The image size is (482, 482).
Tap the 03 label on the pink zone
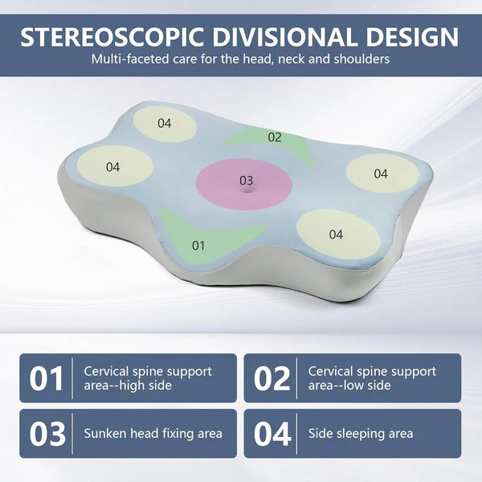[246, 181]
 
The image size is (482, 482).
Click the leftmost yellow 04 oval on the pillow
[113, 166]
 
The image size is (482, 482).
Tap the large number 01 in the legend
[47, 378]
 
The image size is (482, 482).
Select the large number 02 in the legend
[272, 378]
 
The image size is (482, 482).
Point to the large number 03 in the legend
[47, 434]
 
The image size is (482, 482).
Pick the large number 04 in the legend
[272, 434]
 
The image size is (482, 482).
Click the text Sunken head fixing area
[153, 434]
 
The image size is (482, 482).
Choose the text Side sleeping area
[361, 434]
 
